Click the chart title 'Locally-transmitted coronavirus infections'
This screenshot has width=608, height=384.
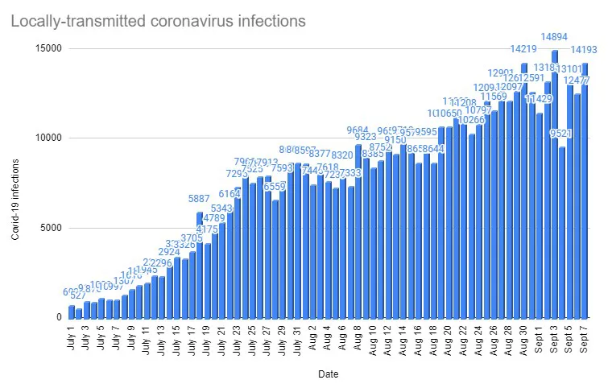[x=159, y=20]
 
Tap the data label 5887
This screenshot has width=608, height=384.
[x=200, y=200]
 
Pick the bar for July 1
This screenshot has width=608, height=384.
[x=72, y=312]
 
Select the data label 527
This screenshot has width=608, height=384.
[x=79, y=296]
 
